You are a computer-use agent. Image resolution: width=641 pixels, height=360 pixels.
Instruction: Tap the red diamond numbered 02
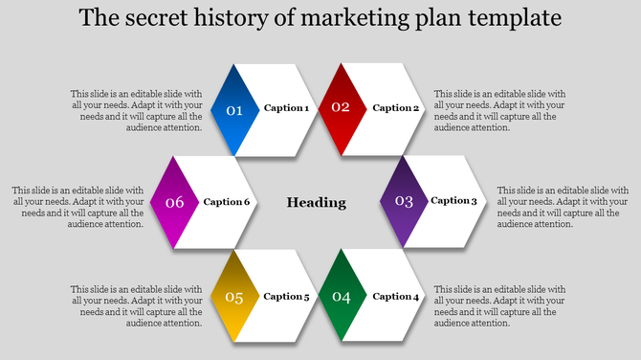point(342,108)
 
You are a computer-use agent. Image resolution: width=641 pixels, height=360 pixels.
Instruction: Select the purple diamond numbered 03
point(404,201)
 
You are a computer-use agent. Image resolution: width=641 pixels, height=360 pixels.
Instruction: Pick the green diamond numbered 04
point(342,297)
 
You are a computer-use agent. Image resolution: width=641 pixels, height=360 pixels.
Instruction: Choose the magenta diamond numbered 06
point(174,202)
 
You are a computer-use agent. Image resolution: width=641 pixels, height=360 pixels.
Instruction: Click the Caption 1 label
point(286,108)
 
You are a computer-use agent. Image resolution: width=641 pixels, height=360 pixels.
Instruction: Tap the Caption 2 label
point(396,108)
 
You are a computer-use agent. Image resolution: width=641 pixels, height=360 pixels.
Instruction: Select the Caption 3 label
point(453,201)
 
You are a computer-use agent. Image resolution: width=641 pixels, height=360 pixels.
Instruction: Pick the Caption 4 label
point(396,297)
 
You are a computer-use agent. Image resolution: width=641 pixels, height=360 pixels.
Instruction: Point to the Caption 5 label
point(286,297)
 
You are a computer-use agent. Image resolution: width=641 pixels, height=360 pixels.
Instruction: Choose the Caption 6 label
point(227,202)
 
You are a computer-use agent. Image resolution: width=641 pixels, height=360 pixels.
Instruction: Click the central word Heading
point(317,202)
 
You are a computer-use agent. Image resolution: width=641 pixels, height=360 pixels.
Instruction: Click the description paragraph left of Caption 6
point(78,208)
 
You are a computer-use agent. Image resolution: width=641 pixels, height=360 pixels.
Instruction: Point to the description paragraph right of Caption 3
point(563,208)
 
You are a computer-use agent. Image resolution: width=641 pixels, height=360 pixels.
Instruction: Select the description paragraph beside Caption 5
point(137,306)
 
